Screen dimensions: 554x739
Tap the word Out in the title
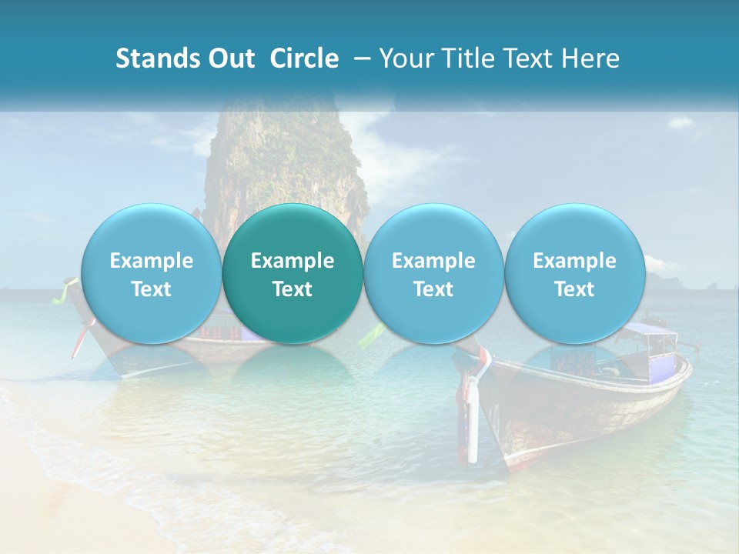[231, 59]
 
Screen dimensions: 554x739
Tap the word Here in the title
[590, 59]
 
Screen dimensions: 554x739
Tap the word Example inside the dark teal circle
[293, 262]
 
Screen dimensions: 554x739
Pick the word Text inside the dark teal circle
[293, 289]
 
